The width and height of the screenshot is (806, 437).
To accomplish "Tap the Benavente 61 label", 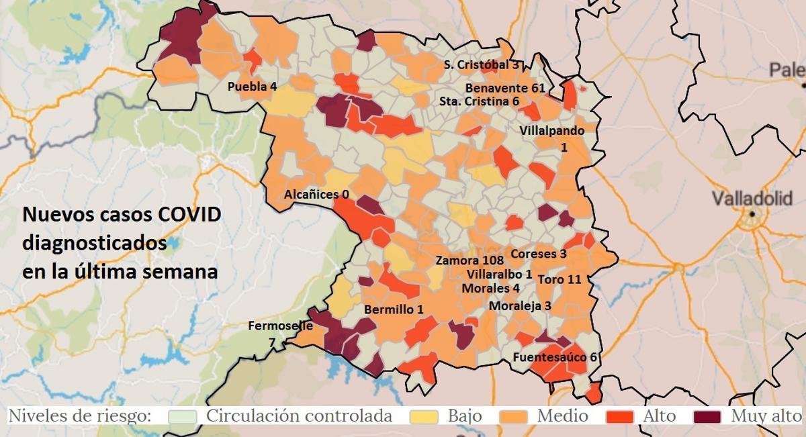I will [x=505, y=88].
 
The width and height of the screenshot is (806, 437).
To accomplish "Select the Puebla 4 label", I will [x=252, y=87].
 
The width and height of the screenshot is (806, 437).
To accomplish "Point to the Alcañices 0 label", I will [x=316, y=195].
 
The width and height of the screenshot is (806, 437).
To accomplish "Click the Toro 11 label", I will [x=559, y=279].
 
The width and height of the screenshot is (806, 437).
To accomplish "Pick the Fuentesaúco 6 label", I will [x=555, y=356].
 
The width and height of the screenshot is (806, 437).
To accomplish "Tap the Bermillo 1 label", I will [x=394, y=309].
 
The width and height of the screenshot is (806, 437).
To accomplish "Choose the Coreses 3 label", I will [x=539, y=254].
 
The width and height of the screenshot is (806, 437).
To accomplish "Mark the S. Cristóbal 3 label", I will [x=482, y=65].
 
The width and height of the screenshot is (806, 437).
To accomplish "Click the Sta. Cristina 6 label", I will [x=479, y=101].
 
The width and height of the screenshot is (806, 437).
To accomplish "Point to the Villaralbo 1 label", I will [x=500, y=275].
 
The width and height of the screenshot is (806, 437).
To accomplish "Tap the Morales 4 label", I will [x=490, y=288].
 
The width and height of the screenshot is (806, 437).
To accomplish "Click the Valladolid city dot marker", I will [x=753, y=214].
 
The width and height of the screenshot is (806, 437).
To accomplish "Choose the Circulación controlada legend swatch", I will [x=182, y=416].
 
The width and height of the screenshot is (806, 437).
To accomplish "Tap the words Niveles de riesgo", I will [x=79, y=416].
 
